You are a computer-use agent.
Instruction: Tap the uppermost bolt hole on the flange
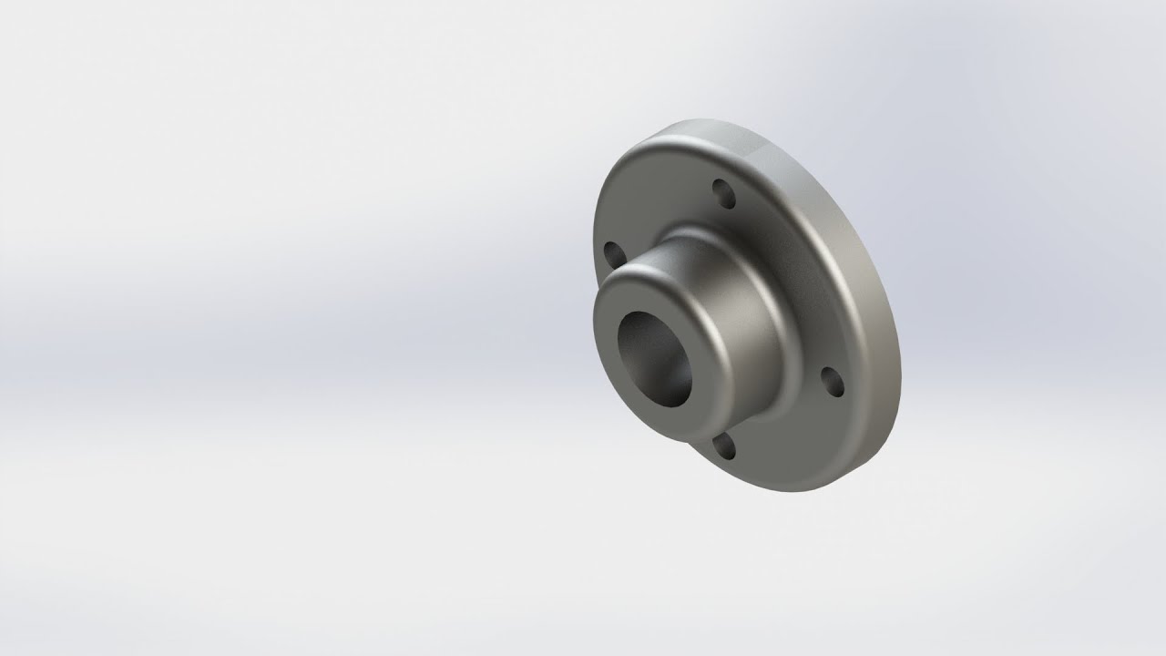pos(723,193)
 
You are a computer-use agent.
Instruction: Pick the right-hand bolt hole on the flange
pos(832,383)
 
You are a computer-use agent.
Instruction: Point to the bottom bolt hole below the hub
pos(724,446)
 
